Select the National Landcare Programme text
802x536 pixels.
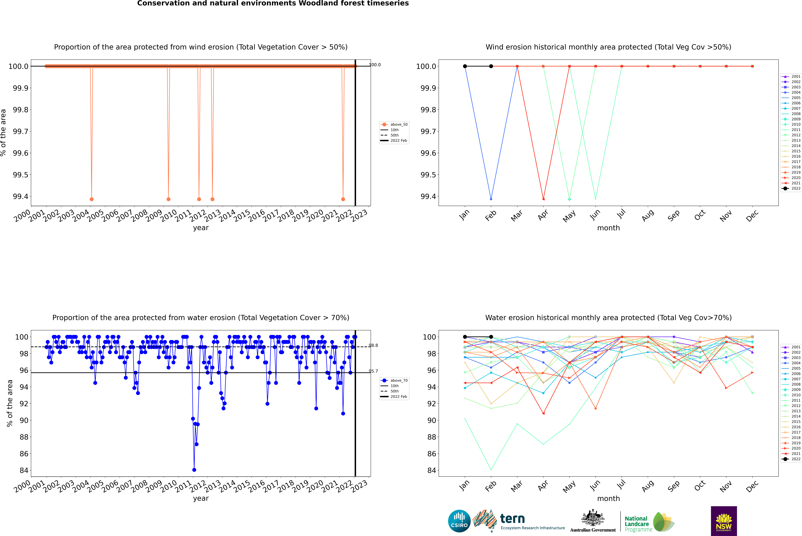coord(637,524)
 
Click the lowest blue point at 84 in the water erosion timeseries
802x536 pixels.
coord(194,470)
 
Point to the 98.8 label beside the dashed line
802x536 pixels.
coord(373,345)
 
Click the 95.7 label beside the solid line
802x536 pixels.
coord(373,371)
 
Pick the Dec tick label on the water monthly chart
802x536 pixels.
coord(752,486)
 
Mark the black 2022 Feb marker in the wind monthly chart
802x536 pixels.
coord(491,66)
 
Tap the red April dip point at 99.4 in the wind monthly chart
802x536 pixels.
coord(543,199)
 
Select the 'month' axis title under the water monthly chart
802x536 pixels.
coord(608,498)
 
